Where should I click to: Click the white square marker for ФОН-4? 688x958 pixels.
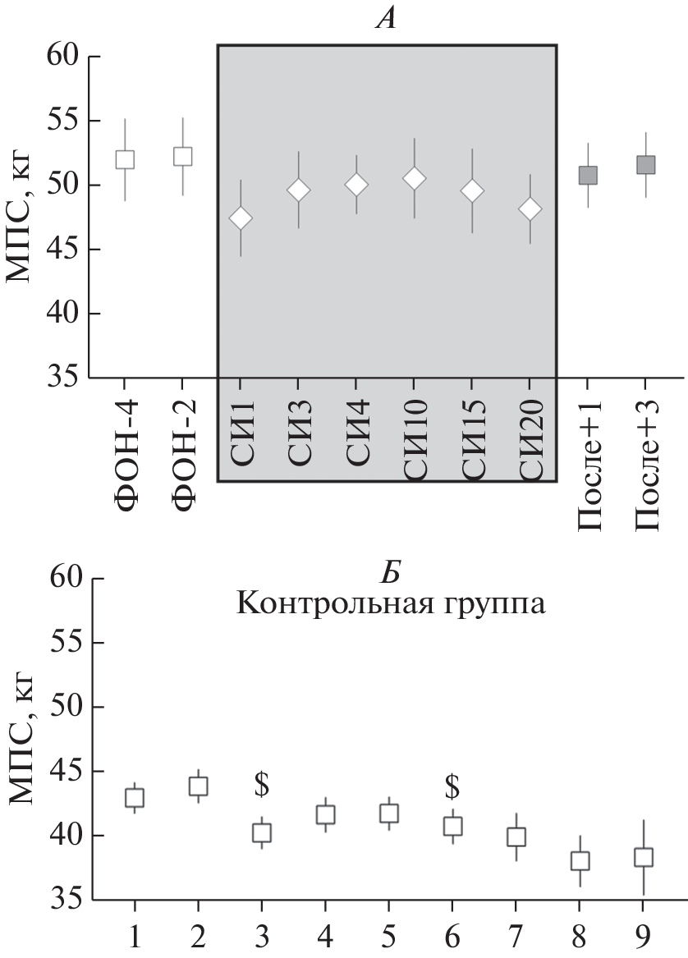pyautogui.click(x=125, y=159)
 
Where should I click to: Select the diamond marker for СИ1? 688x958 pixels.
pyautogui.click(x=241, y=218)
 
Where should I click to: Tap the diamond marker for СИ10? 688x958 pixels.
pyautogui.click(x=414, y=178)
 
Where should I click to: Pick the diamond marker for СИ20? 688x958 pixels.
pyautogui.click(x=530, y=209)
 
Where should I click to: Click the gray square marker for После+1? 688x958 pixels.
pyautogui.click(x=588, y=175)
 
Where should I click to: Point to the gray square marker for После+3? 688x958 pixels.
pyautogui.click(x=646, y=165)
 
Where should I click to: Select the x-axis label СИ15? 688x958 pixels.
pyautogui.click(x=473, y=444)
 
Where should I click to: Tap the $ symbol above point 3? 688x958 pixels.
pyautogui.click(x=262, y=786)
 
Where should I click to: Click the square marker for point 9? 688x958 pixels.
pyautogui.click(x=644, y=857)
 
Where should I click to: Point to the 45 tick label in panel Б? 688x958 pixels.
pyautogui.click(x=60, y=772)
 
